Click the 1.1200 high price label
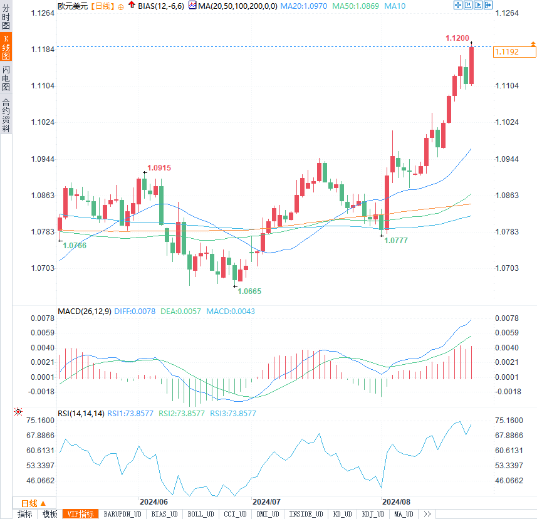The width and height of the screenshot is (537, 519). tap(457, 38)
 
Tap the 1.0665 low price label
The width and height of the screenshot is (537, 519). tap(249, 291)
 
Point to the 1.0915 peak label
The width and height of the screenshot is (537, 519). tap(159, 167)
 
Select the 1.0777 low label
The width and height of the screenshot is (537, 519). tap(396, 240)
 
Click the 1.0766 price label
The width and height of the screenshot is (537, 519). tap(75, 245)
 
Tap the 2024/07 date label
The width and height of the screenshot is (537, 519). tap(266, 502)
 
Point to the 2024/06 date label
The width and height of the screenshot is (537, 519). tap(154, 502)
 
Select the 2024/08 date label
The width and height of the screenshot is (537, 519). tap(396, 502)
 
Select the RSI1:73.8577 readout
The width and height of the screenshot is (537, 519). tap(130, 414)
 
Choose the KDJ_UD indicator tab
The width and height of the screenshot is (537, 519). tap(373, 514)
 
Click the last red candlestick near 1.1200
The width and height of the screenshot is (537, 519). tap(471, 65)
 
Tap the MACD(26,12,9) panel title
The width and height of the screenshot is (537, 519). tap(84, 312)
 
